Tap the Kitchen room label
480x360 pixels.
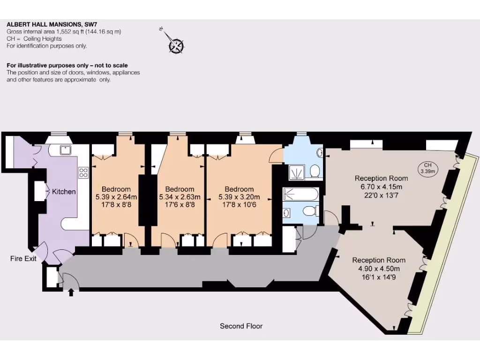pos(64,192)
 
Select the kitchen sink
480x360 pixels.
pos(66,150)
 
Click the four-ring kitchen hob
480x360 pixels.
pos(84,172)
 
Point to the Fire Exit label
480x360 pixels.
pos(23,258)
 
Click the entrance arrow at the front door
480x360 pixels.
pos(71,293)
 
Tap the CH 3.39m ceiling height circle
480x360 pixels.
pos(427,168)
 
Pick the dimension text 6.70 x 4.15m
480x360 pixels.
pos(381,187)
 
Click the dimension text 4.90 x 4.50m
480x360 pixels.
pos(379,269)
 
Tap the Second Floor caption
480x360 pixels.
pos(241,326)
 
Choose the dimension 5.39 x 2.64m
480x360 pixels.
pos(116,197)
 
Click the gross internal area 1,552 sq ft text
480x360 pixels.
pos(52,32)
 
